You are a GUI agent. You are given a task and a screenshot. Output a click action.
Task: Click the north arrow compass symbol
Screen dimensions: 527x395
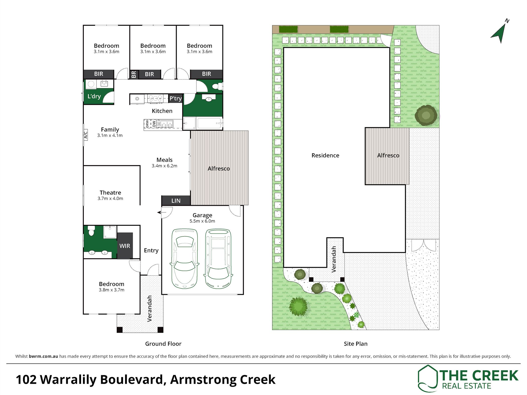point(500,33)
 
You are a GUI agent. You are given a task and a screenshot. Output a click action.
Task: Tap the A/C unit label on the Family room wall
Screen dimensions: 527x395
point(86,135)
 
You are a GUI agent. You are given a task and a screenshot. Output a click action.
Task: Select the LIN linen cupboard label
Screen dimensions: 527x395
point(176,201)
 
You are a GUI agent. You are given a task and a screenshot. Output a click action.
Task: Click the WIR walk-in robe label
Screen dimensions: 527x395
point(125,246)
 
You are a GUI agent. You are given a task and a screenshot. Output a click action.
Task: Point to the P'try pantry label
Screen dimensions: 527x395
point(175,98)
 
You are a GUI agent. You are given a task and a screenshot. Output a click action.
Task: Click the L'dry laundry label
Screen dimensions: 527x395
point(94,96)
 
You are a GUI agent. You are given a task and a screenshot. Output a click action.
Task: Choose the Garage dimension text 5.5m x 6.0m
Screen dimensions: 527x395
point(202,221)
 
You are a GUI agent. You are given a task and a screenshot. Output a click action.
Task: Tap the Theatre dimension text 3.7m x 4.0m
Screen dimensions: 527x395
point(110,199)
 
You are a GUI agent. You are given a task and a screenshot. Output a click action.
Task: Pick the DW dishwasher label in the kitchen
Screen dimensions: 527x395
point(154,124)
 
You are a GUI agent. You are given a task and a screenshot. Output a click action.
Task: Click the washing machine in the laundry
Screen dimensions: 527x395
point(91,84)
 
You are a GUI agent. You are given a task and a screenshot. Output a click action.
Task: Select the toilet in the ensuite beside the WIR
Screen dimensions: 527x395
point(91,231)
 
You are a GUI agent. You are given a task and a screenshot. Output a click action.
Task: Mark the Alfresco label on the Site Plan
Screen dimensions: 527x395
point(388,155)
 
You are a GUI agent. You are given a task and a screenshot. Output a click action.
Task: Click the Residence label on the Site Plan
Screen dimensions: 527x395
point(325,155)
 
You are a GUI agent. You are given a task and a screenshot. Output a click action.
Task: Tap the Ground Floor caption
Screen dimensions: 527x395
point(163,344)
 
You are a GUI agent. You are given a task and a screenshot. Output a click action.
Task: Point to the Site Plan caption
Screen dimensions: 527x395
point(356,344)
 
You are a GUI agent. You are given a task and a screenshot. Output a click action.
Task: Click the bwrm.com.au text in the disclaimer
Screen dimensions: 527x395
point(43,356)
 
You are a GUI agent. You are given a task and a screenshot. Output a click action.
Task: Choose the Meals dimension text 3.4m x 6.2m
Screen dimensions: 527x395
point(164,166)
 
